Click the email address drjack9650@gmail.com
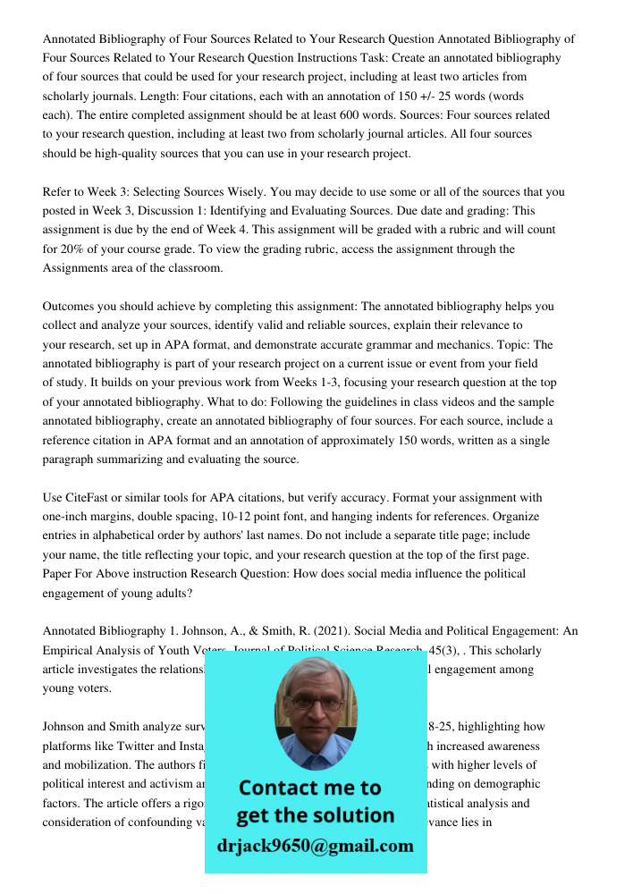315,845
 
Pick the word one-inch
69,516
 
